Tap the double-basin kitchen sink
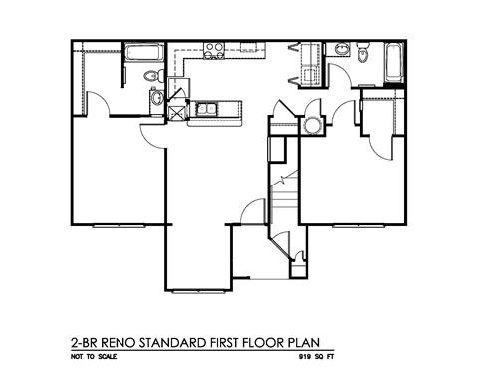211,109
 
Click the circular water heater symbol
313,124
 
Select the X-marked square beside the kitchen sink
179,110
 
